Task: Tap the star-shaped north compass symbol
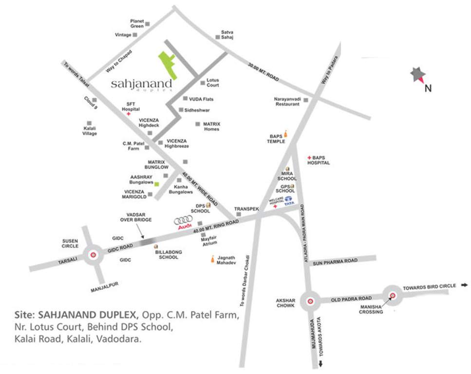[417, 75]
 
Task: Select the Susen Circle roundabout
[93, 254]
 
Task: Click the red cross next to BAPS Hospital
[309, 158]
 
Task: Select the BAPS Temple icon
[286, 134]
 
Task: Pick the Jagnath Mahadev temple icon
[212, 260]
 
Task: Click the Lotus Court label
[213, 82]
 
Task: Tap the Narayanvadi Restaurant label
[287, 101]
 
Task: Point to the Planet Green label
[136, 23]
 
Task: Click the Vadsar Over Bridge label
[136, 217]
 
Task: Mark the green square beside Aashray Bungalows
[157, 184]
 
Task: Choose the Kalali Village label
[90, 131]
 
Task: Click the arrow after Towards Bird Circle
[465, 285]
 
